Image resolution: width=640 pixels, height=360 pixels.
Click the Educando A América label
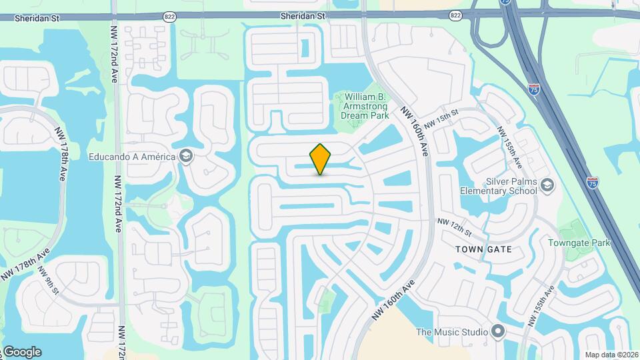coord(132,157)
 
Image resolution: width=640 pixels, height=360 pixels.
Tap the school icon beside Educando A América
coord(186,157)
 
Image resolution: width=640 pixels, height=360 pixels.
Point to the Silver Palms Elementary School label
coord(498,185)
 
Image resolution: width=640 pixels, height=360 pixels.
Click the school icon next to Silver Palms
coord(548,184)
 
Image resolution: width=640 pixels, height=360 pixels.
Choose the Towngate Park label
coord(579,243)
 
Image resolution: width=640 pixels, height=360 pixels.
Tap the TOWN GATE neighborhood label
coord(484,249)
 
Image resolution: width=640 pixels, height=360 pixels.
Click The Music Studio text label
coord(451,331)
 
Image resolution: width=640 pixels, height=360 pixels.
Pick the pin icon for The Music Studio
coord(498,331)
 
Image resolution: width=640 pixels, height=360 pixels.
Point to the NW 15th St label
coord(441,121)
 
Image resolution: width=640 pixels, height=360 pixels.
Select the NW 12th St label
coord(454,227)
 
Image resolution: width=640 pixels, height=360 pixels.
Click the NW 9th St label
coord(48,282)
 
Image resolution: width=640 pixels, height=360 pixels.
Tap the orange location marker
coord(321,159)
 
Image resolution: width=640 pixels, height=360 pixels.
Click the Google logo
coord(21,352)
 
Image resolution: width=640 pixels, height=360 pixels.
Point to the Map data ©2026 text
coord(611,355)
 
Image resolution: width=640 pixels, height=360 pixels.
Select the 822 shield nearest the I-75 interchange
coord(456,15)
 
